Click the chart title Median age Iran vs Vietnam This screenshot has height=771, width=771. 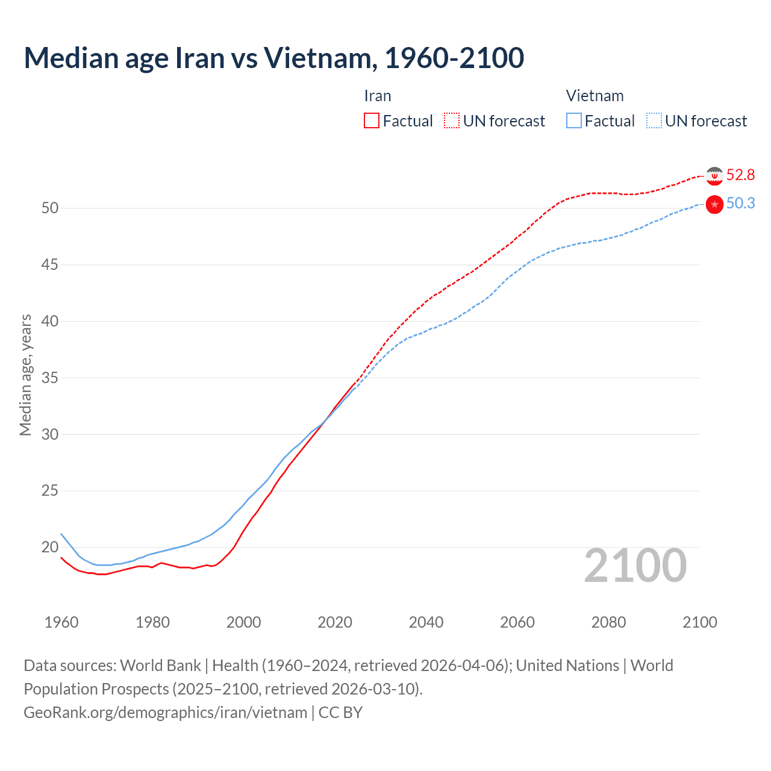tap(273, 58)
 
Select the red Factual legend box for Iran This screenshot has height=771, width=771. tap(372, 120)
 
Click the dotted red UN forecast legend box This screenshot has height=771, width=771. tap(452, 120)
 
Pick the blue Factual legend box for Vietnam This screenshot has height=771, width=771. tap(574, 120)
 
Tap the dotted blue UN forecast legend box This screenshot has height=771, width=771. tap(654, 120)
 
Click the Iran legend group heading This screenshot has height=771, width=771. tap(378, 96)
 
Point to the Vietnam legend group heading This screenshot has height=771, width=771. tap(595, 96)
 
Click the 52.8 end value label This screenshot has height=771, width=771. tap(740, 175)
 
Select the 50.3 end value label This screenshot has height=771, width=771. tap(740, 204)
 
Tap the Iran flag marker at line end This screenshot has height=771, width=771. tap(714, 176)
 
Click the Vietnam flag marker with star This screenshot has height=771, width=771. tap(714, 205)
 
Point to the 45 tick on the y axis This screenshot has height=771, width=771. tap(50, 264)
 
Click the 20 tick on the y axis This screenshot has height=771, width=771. tap(50, 547)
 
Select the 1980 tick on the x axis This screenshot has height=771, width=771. tap(152, 622)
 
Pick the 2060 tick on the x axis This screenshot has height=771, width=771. tap(517, 622)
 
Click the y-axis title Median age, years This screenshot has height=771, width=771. tap(25, 375)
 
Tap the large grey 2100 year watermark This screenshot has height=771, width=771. tap(635, 565)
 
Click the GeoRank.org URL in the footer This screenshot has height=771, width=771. tap(165, 713)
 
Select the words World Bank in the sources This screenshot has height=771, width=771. tap(160, 666)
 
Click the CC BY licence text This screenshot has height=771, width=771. tap(340, 713)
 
